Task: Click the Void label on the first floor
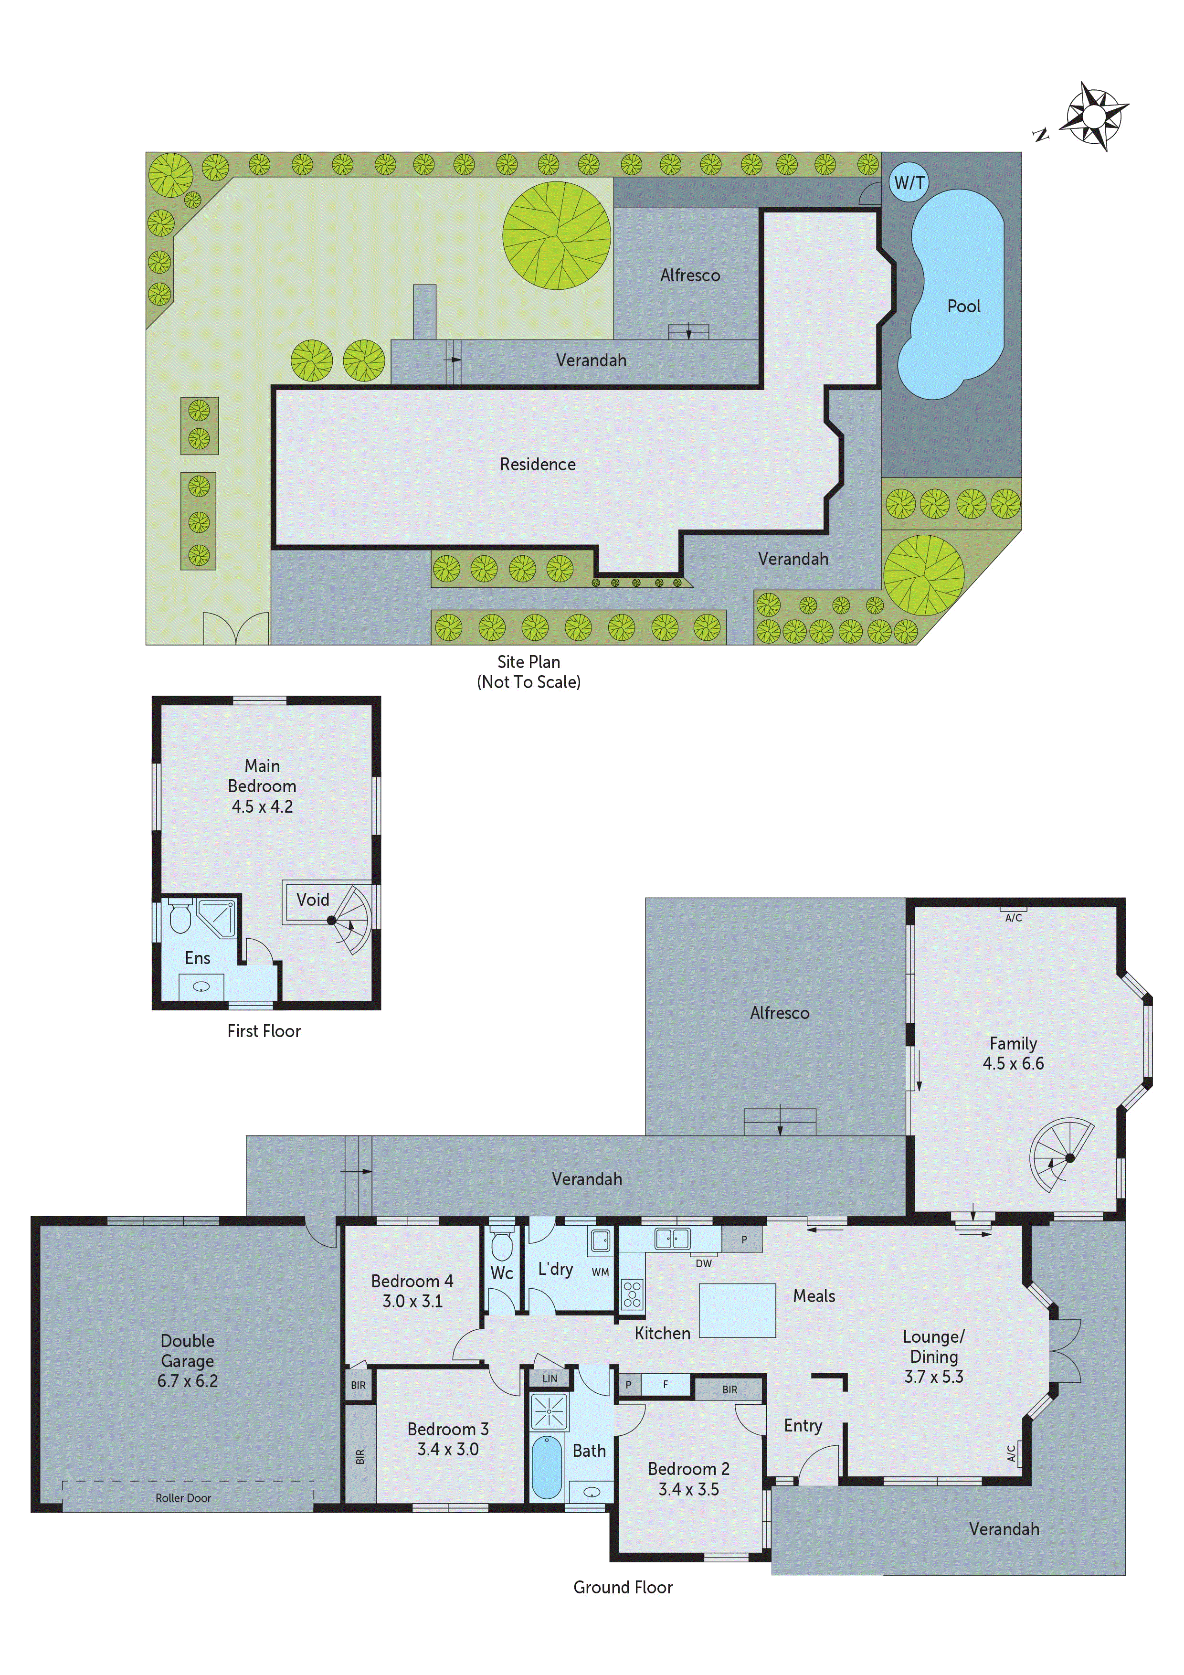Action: tap(312, 900)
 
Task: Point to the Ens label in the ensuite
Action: tap(197, 958)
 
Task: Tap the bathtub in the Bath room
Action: tap(546, 1466)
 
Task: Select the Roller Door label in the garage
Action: tap(183, 1498)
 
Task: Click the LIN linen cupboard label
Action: tap(550, 1378)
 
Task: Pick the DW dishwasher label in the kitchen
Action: tap(703, 1263)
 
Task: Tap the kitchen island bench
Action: tap(737, 1310)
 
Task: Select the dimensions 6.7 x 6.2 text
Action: tap(188, 1380)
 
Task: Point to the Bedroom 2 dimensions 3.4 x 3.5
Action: tap(688, 1489)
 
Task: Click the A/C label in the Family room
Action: tap(1013, 918)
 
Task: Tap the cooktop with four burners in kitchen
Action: tap(632, 1293)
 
